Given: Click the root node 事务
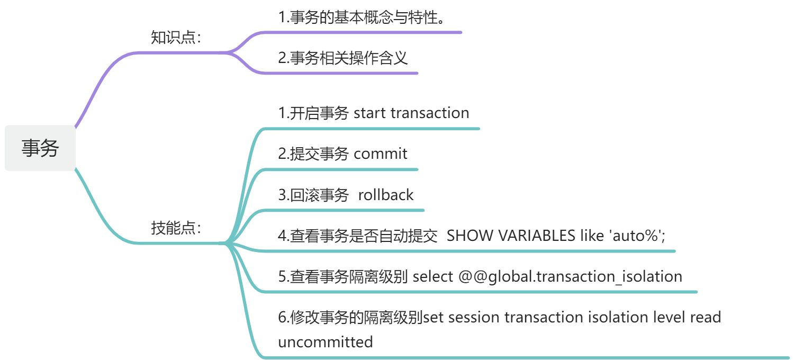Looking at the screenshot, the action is click(x=40, y=148).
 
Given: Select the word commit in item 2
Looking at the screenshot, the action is click(x=380, y=154).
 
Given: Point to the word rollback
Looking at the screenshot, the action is click(x=385, y=195).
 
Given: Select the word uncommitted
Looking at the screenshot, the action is click(x=325, y=342).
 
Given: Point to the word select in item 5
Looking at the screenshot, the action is click(x=432, y=276).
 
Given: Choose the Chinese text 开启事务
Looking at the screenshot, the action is click(x=319, y=113).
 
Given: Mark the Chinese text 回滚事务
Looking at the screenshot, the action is click(x=319, y=195).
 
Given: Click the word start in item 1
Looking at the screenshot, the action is click(x=370, y=113).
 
